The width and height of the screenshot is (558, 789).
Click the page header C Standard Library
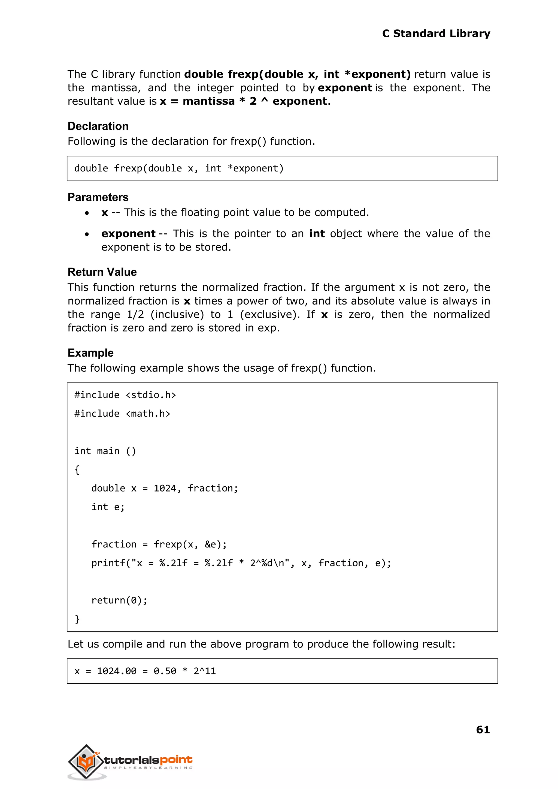pyautogui.click(x=436, y=34)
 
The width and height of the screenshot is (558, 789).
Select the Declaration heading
pyautogui.click(x=98, y=126)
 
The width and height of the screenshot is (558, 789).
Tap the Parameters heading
pyautogui.click(x=98, y=197)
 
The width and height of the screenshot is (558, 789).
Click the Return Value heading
pyautogui.click(x=102, y=272)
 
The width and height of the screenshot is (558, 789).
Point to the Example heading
pyautogui.click(x=90, y=353)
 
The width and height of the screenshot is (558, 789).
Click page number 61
pyautogui.click(x=483, y=729)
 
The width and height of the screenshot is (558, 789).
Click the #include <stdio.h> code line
pyautogui.click(x=125, y=395)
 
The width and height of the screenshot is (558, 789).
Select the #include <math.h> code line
pyautogui.click(x=122, y=414)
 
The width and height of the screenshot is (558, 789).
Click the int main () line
pyautogui.click(x=105, y=451)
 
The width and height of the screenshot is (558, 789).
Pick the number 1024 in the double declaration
pyautogui.click(x=165, y=488)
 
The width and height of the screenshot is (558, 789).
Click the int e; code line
pyautogui.click(x=108, y=507)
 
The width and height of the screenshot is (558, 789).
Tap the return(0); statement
pyautogui.click(x=119, y=600)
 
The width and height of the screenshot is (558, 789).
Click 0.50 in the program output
pyautogui.click(x=165, y=671)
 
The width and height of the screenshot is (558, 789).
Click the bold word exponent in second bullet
pyautogui.click(x=128, y=234)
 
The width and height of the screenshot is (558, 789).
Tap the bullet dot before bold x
pyautogui.click(x=87, y=213)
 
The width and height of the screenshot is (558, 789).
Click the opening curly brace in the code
pyautogui.click(x=77, y=470)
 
